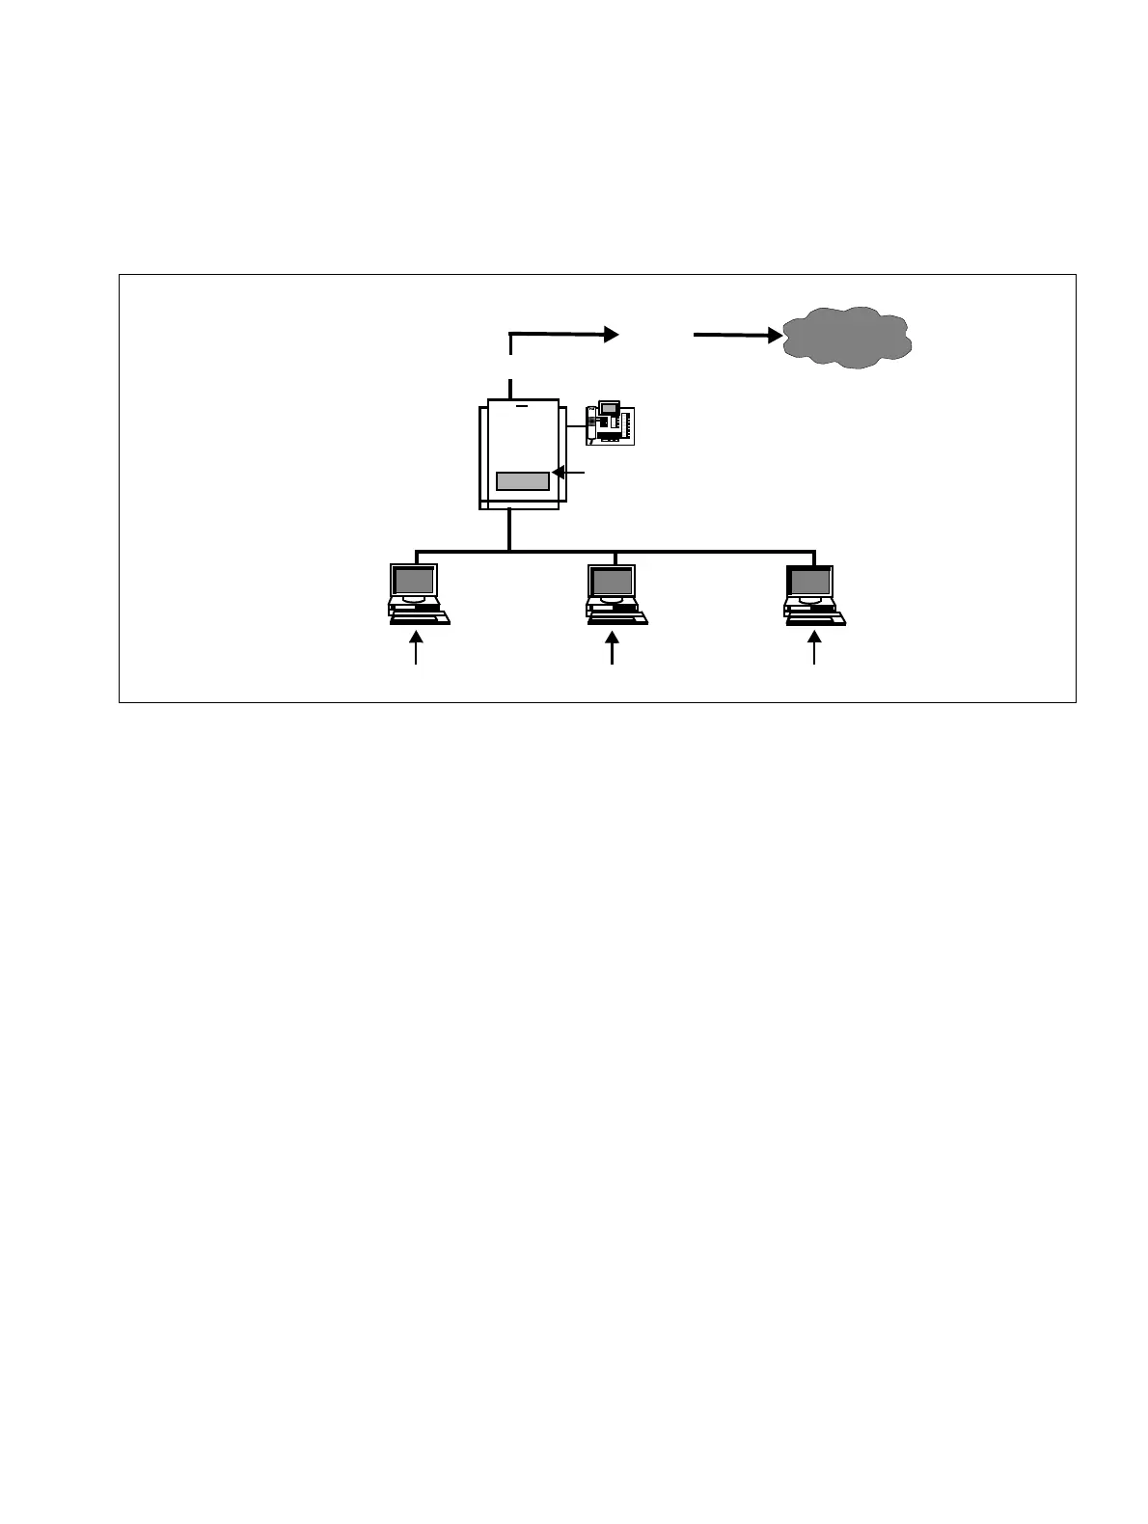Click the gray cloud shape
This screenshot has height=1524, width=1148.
[x=847, y=337]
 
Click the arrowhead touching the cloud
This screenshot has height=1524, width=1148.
[x=775, y=336]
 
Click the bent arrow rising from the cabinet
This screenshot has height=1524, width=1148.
[x=560, y=335]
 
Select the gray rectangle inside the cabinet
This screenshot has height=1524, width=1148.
[x=522, y=480]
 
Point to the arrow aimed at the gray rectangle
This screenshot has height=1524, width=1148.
[x=568, y=473]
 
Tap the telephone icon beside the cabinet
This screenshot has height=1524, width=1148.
[x=610, y=423]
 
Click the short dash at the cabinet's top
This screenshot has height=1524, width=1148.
[x=523, y=406]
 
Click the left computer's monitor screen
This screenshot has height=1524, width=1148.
[x=414, y=581]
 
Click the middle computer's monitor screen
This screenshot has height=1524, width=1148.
[x=612, y=581]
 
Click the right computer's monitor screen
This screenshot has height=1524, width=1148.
[x=810, y=581]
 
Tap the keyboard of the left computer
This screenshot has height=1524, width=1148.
[x=420, y=619]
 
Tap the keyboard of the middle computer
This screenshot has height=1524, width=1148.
[x=617, y=619]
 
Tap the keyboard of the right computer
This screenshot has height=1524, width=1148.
[x=816, y=619]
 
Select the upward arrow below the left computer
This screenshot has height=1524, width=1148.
[x=417, y=647]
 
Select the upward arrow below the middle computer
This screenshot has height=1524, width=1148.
[x=613, y=647]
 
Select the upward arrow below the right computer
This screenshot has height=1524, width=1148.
[x=814, y=647]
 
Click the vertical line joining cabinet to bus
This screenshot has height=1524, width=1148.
[x=509, y=531]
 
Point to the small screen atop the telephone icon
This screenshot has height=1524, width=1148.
[x=609, y=407]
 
